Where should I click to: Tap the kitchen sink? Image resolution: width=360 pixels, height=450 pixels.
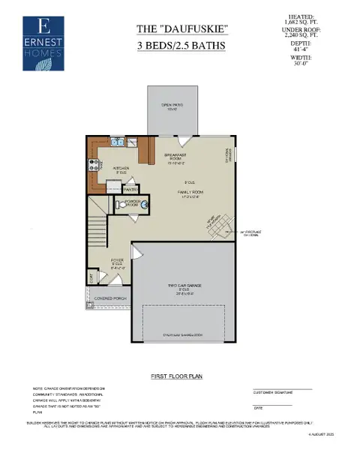(x=117, y=141)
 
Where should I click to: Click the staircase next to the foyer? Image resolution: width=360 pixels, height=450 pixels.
(x=96, y=225)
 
